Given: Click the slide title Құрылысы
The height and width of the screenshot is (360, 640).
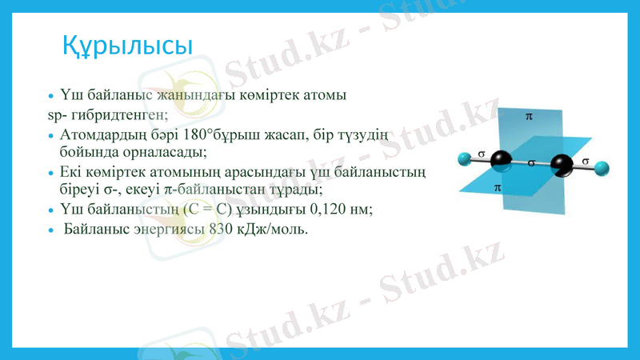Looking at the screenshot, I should coord(127,46).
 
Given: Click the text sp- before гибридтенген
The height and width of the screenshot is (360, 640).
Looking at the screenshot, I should coord(57,115).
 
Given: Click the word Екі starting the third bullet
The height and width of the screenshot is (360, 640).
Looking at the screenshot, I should coord(70,172).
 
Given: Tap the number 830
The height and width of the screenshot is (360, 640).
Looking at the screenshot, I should coord(220,229).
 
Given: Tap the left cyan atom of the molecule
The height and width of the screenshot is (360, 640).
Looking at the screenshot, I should coord(463,158).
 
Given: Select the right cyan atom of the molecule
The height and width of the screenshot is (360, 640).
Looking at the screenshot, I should coord(603,168).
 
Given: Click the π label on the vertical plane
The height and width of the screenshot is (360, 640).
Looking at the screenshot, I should coord(529,116).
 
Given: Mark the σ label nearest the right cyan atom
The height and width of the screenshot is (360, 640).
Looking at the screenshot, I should coord(586,161).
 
